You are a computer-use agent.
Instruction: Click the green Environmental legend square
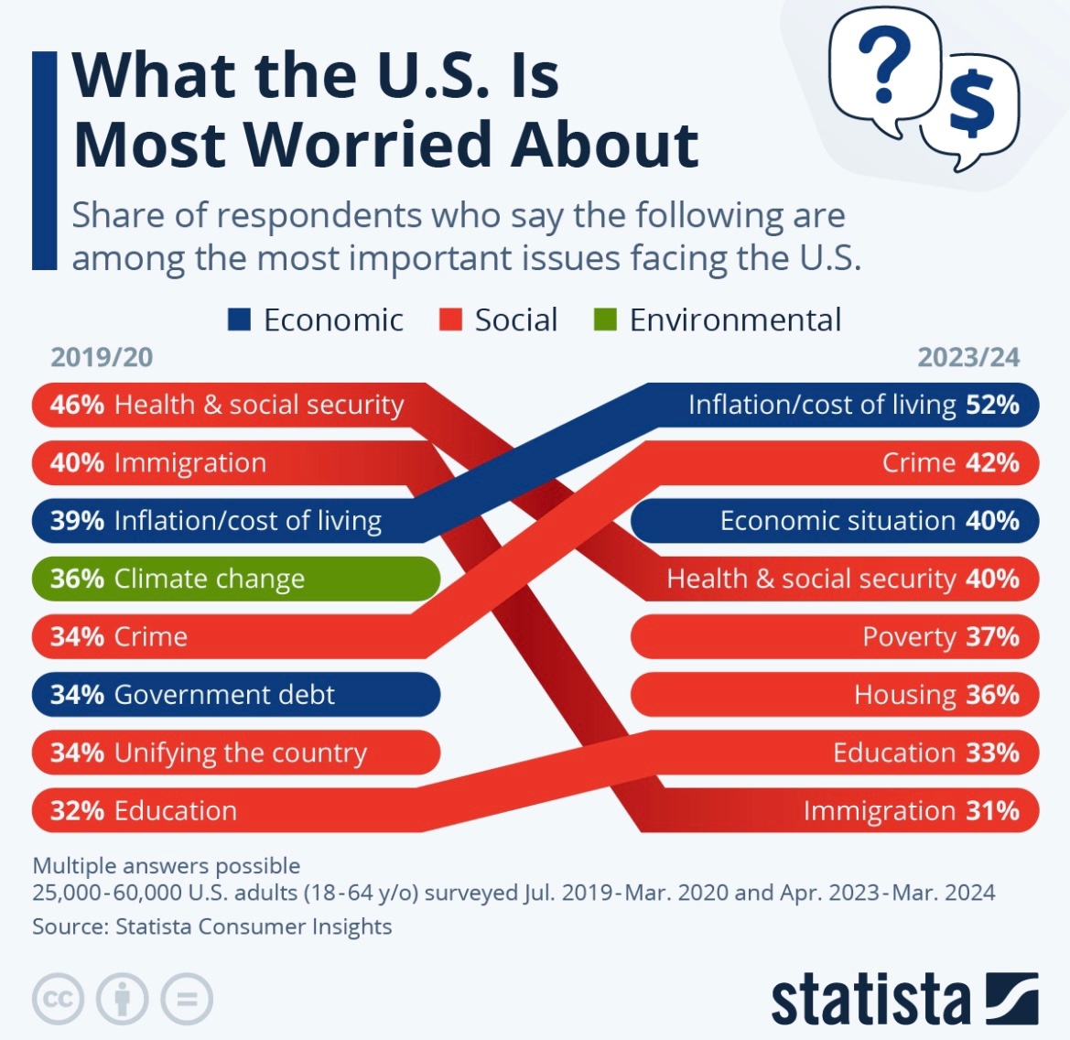(x=605, y=320)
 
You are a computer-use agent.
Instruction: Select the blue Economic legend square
(x=239, y=320)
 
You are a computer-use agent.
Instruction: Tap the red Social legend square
(x=450, y=320)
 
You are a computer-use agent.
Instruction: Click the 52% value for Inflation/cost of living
(x=993, y=405)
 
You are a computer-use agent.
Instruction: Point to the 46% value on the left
(x=77, y=405)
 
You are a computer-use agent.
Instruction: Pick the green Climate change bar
(x=235, y=579)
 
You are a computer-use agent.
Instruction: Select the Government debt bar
(x=235, y=695)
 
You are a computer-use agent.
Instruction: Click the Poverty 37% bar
(x=835, y=637)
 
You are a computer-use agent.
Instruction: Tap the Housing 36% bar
(x=835, y=695)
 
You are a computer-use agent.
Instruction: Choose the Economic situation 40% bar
(x=835, y=521)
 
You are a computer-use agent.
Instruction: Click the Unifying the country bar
(x=235, y=753)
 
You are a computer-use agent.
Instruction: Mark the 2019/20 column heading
(x=102, y=357)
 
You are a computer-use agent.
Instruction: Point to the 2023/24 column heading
(x=968, y=357)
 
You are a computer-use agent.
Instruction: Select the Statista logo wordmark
(x=870, y=1000)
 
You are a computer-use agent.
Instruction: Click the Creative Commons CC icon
(x=59, y=999)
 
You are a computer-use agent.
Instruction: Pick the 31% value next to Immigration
(x=993, y=811)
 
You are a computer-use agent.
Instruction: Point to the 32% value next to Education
(x=77, y=811)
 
